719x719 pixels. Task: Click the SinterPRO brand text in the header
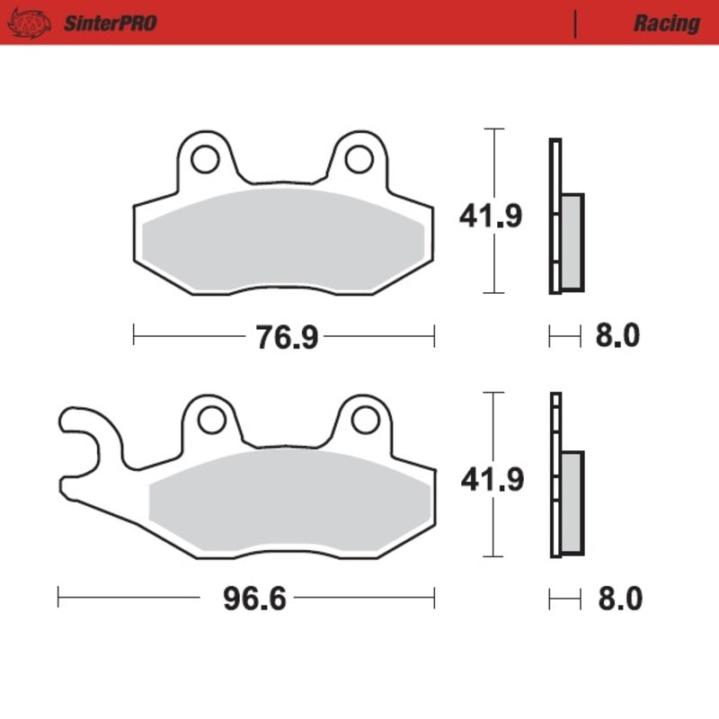(x=110, y=22)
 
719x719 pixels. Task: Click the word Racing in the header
(x=666, y=22)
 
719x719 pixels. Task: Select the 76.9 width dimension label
(x=273, y=337)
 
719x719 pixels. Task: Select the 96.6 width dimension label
(x=254, y=599)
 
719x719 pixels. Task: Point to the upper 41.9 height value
(x=491, y=217)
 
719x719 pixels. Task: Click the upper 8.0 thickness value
(x=617, y=337)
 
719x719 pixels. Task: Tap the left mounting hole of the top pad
(x=205, y=158)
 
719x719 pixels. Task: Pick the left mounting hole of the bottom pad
(x=211, y=419)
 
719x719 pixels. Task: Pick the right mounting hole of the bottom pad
(x=364, y=419)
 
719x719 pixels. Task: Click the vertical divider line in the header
(x=574, y=23)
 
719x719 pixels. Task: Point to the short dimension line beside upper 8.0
(x=564, y=337)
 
